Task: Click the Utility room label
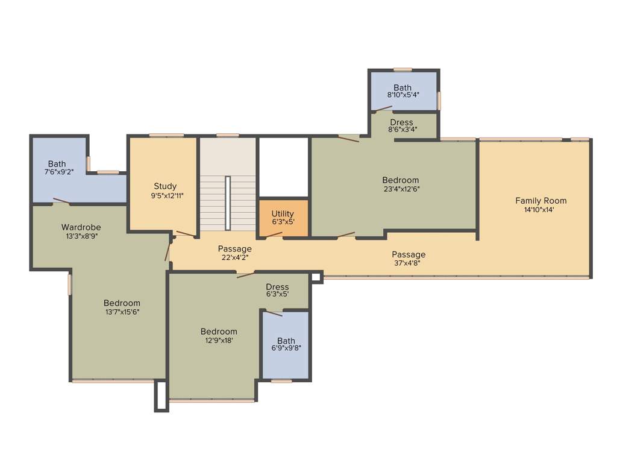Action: coord(283,213)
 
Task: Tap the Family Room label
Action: coord(540,201)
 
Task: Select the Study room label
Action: coord(165,186)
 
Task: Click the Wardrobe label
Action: coord(81,227)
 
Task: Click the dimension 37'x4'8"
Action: coord(409,263)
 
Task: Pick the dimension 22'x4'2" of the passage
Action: coord(235,257)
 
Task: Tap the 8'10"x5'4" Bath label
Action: coord(402,96)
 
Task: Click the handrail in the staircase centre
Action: coord(228,203)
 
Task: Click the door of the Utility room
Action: coord(274,235)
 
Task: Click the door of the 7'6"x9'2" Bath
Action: coord(61,201)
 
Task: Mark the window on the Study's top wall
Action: coord(166,135)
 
